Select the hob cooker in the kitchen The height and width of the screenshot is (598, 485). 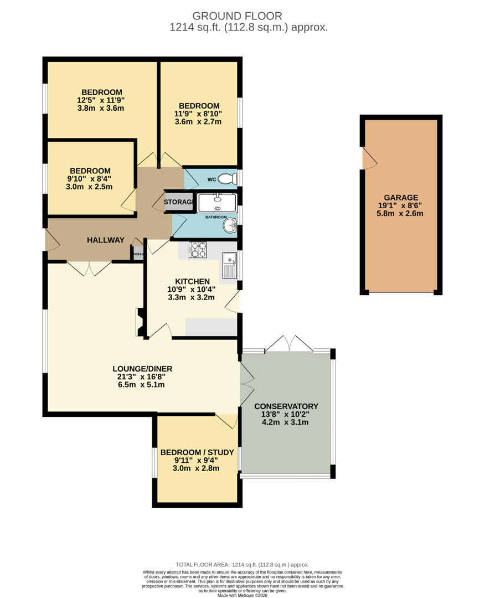[x=198, y=251]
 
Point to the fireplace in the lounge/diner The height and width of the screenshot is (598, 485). [x=140, y=322]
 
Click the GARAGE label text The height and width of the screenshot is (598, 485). [x=401, y=198]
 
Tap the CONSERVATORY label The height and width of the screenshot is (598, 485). [x=285, y=406]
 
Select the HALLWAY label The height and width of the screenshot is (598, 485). [x=105, y=240]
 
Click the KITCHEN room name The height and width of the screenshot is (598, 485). [x=192, y=281]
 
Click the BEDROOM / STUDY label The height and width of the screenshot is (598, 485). [x=197, y=452]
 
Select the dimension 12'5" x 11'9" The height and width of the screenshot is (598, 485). [x=101, y=100]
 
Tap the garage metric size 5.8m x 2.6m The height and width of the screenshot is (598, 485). [x=401, y=213]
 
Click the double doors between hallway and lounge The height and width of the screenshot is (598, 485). [x=90, y=269]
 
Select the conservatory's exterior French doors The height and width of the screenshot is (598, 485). [x=289, y=343]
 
